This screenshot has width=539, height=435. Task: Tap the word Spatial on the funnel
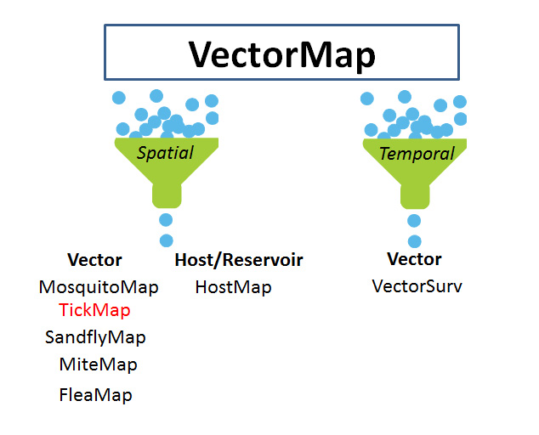pyautogui.click(x=165, y=153)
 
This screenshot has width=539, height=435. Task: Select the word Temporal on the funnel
pyautogui.click(x=417, y=154)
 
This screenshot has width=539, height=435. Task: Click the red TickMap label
pyautogui.click(x=94, y=310)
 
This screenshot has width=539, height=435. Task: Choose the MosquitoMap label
pyautogui.click(x=99, y=287)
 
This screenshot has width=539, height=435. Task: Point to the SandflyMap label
pyautogui.click(x=95, y=337)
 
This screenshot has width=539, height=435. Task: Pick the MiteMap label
pyautogui.click(x=99, y=364)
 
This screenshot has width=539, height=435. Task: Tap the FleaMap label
pyautogui.click(x=95, y=395)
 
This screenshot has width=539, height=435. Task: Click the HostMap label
pyautogui.click(x=234, y=287)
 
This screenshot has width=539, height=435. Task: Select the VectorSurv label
pyautogui.click(x=417, y=286)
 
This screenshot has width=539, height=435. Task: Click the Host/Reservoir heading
pyautogui.click(x=239, y=260)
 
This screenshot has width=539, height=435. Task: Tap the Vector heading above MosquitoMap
pyautogui.click(x=94, y=260)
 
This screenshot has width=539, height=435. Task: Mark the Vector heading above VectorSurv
pyautogui.click(x=414, y=259)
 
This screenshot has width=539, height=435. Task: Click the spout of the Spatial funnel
pyautogui.click(x=167, y=196)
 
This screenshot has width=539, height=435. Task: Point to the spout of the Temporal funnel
pyautogui.click(x=415, y=197)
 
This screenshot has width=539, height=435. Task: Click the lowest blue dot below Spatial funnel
pyautogui.click(x=167, y=240)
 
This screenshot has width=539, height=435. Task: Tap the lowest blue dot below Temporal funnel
pyautogui.click(x=415, y=241)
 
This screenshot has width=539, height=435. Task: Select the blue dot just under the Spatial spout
pyautogui.click(x=166, y=220)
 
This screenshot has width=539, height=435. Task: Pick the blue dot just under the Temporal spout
pyautogui.click(x=414, y=221)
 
